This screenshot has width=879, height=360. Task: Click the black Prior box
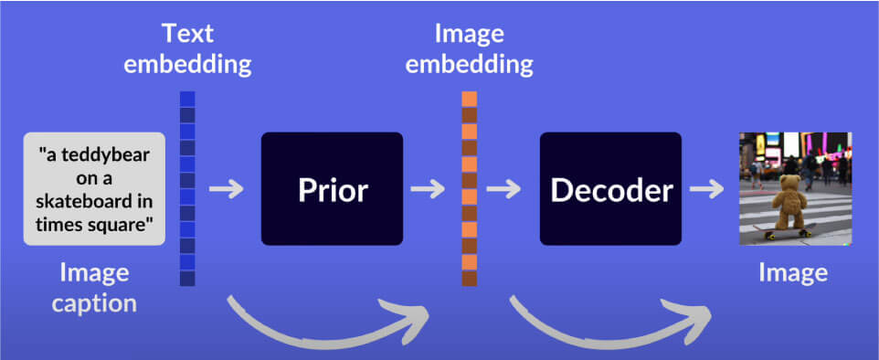(332, 188)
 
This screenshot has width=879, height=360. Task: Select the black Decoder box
(610, 188)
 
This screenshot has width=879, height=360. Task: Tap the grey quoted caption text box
(94, 189)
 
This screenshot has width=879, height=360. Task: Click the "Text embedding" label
(187, 49)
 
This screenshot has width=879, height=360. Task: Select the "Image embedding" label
(470, 49)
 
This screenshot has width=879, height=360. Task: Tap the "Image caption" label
(94, 288)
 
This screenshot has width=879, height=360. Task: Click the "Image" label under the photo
(793, 273)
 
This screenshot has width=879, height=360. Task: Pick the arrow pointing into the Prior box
(227, 189)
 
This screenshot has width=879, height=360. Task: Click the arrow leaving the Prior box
(428, 189)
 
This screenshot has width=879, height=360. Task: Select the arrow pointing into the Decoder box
(504, 189)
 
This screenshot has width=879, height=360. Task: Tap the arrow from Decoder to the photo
(706, 189)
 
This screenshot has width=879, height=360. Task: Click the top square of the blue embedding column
(187, 99)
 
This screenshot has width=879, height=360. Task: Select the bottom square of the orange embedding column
(470, 279)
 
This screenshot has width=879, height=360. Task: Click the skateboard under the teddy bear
(784, 230)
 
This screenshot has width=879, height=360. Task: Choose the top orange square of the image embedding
(470, 99)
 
